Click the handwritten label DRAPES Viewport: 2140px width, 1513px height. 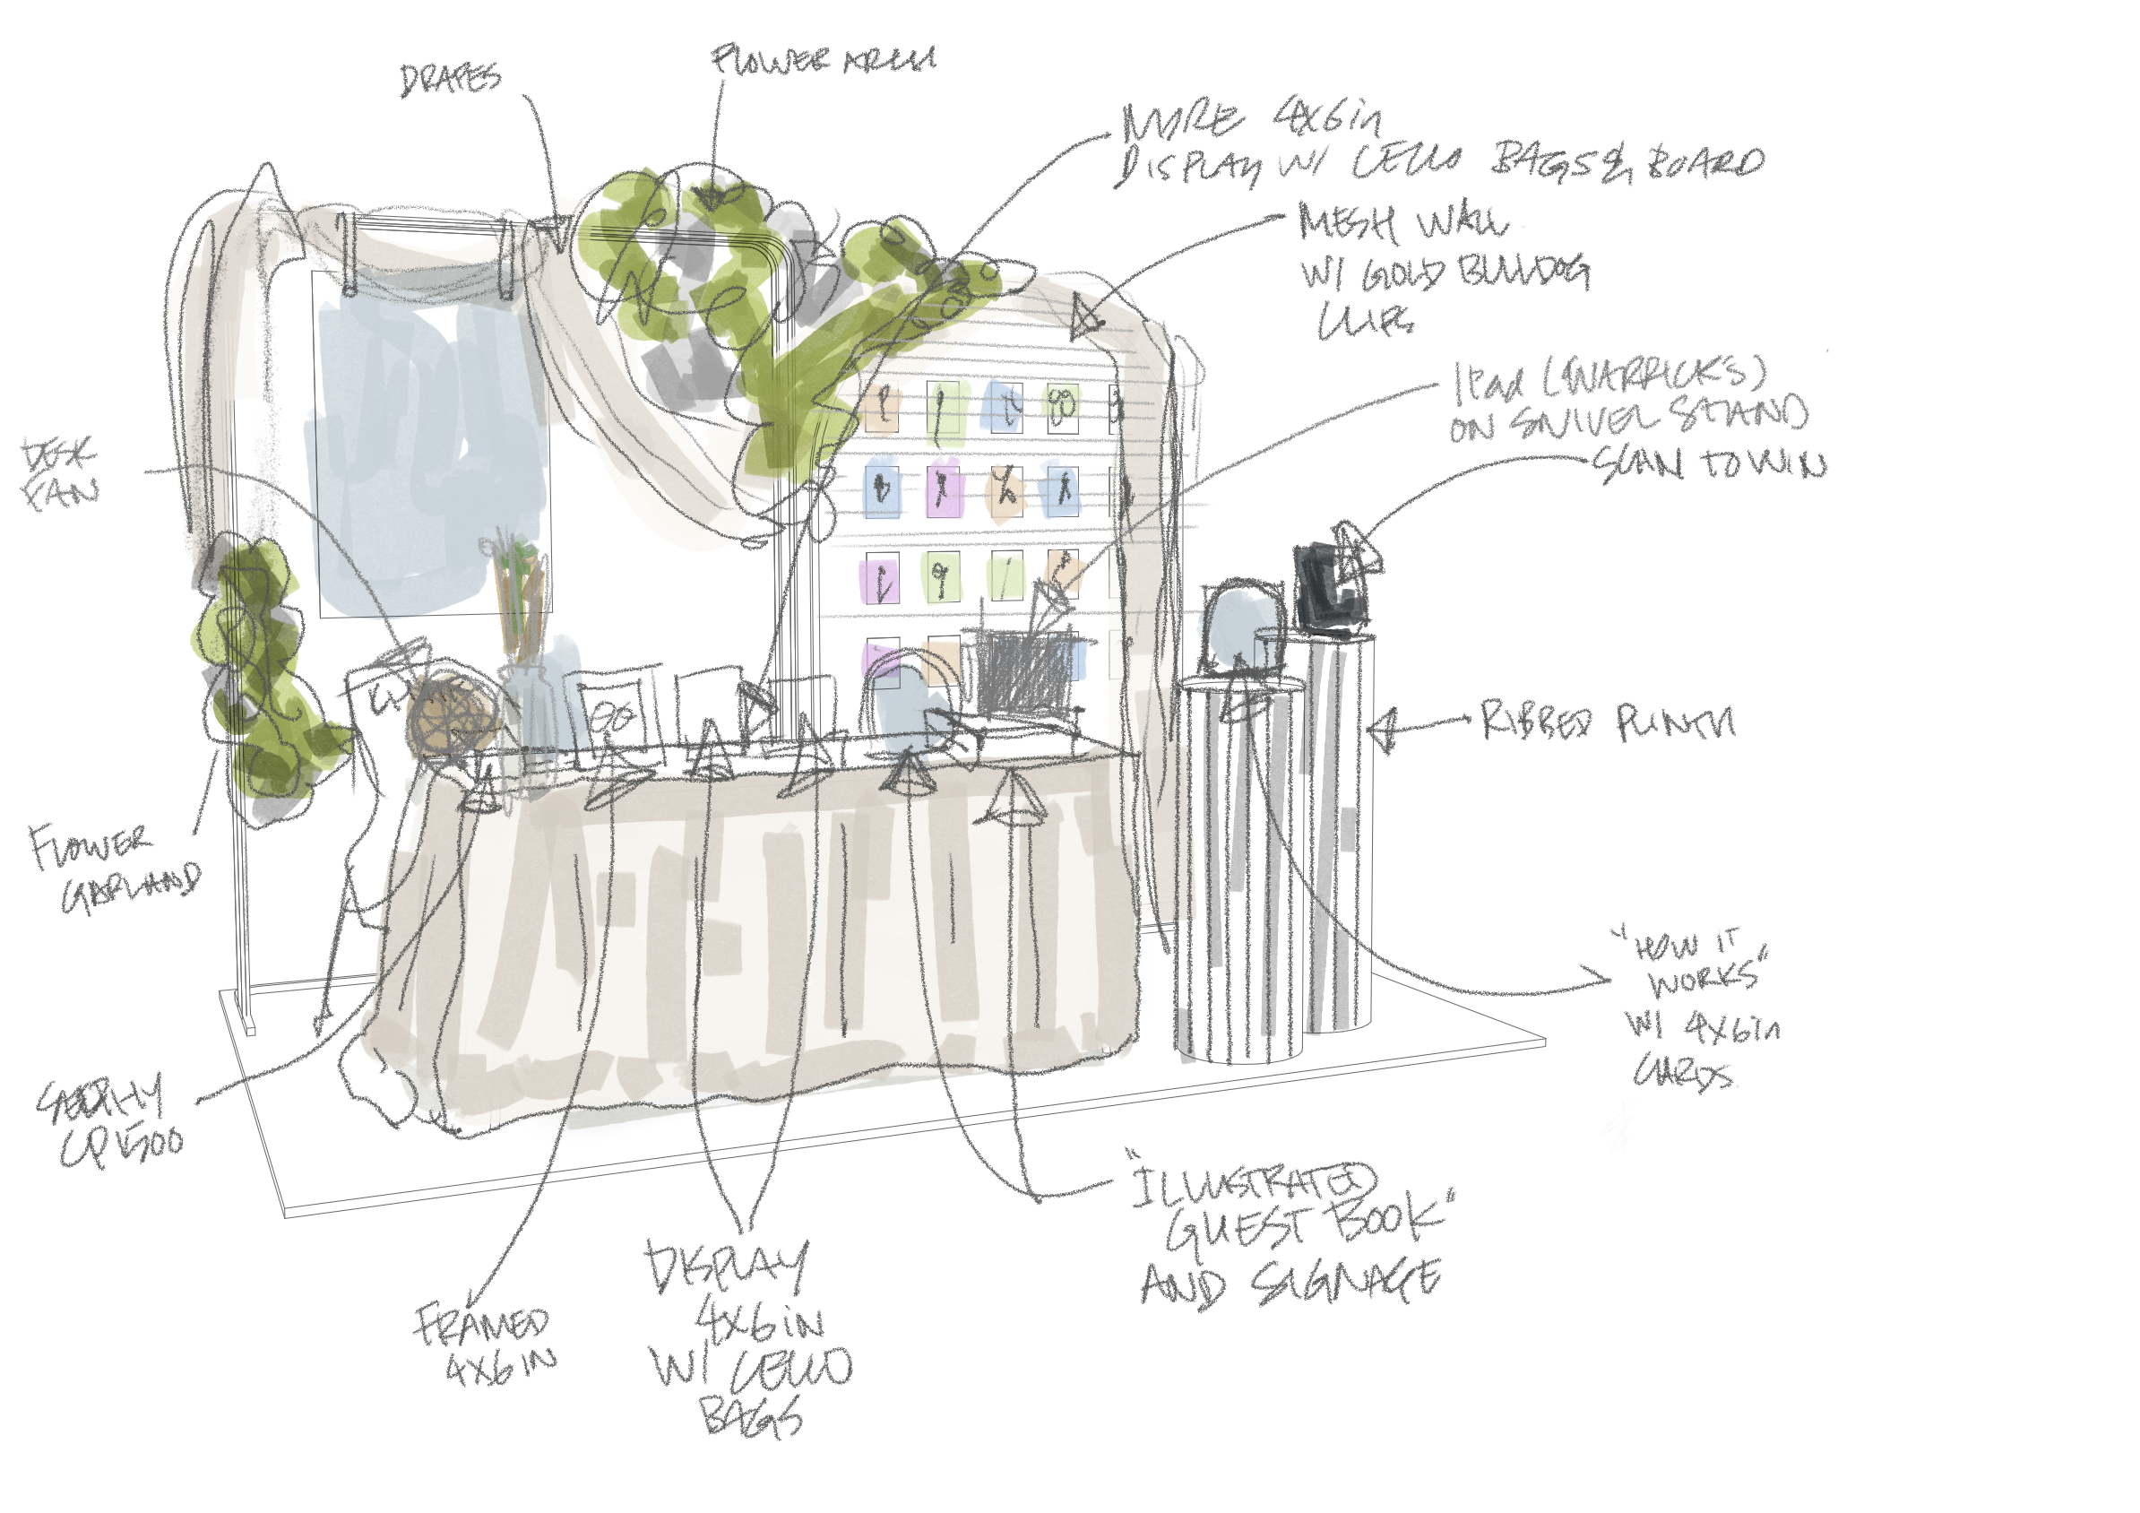pos(450,79)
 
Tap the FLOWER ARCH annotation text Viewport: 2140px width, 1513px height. pos(822,61)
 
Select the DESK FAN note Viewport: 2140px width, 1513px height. pos(60,474)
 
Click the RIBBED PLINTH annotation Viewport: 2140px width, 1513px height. pos(1607,722)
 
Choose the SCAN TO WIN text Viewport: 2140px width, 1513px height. pos(1708,463)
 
